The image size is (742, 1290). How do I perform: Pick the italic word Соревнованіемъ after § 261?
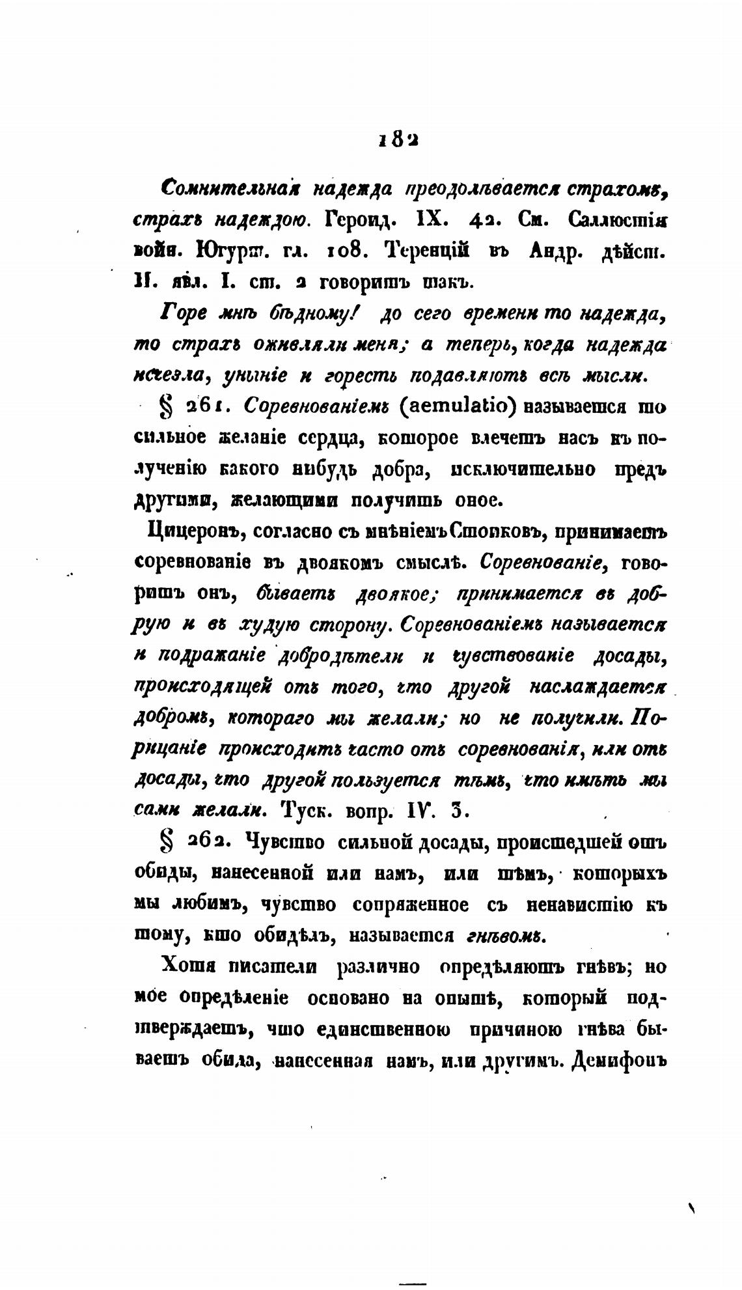(316, 406)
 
